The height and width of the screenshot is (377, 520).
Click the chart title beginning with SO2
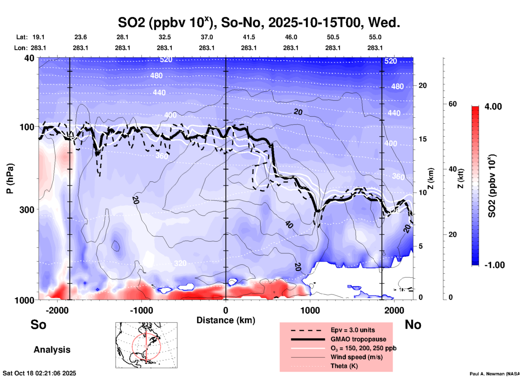click(259, 23)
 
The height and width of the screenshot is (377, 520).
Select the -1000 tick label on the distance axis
click(141, 310)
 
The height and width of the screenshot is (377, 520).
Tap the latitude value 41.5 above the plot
click(249, 37)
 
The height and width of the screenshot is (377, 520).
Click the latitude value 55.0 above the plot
click(375, 37)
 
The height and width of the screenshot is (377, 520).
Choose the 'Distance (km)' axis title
click(226, 320)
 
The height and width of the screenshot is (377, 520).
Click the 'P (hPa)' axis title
click(10, 178)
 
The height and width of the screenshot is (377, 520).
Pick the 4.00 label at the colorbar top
click(493, 107)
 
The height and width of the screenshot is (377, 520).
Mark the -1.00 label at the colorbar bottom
click(494, 265)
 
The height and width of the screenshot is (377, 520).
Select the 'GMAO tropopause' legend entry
click(358, 339)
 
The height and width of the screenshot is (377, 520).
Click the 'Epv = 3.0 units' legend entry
click(353, 330)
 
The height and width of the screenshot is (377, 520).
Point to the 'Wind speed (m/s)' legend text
click(356, 357)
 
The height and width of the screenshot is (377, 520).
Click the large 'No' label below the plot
click(413, 325)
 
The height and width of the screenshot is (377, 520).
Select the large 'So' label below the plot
click(38, 325)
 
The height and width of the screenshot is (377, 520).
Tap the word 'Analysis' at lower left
click(52, 350)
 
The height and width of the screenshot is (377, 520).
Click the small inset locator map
click(146, 345)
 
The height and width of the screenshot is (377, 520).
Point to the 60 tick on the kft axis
click(452, 104)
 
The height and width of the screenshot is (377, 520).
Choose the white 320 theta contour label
click(180, 263)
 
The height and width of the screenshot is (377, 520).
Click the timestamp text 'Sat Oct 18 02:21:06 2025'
click(39, 373)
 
